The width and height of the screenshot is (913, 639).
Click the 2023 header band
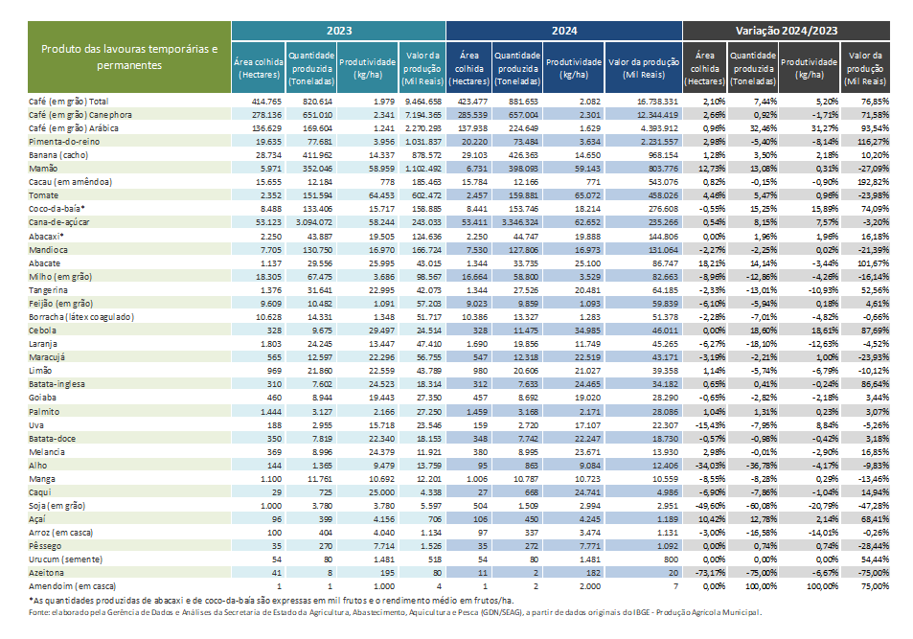(338, 32)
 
